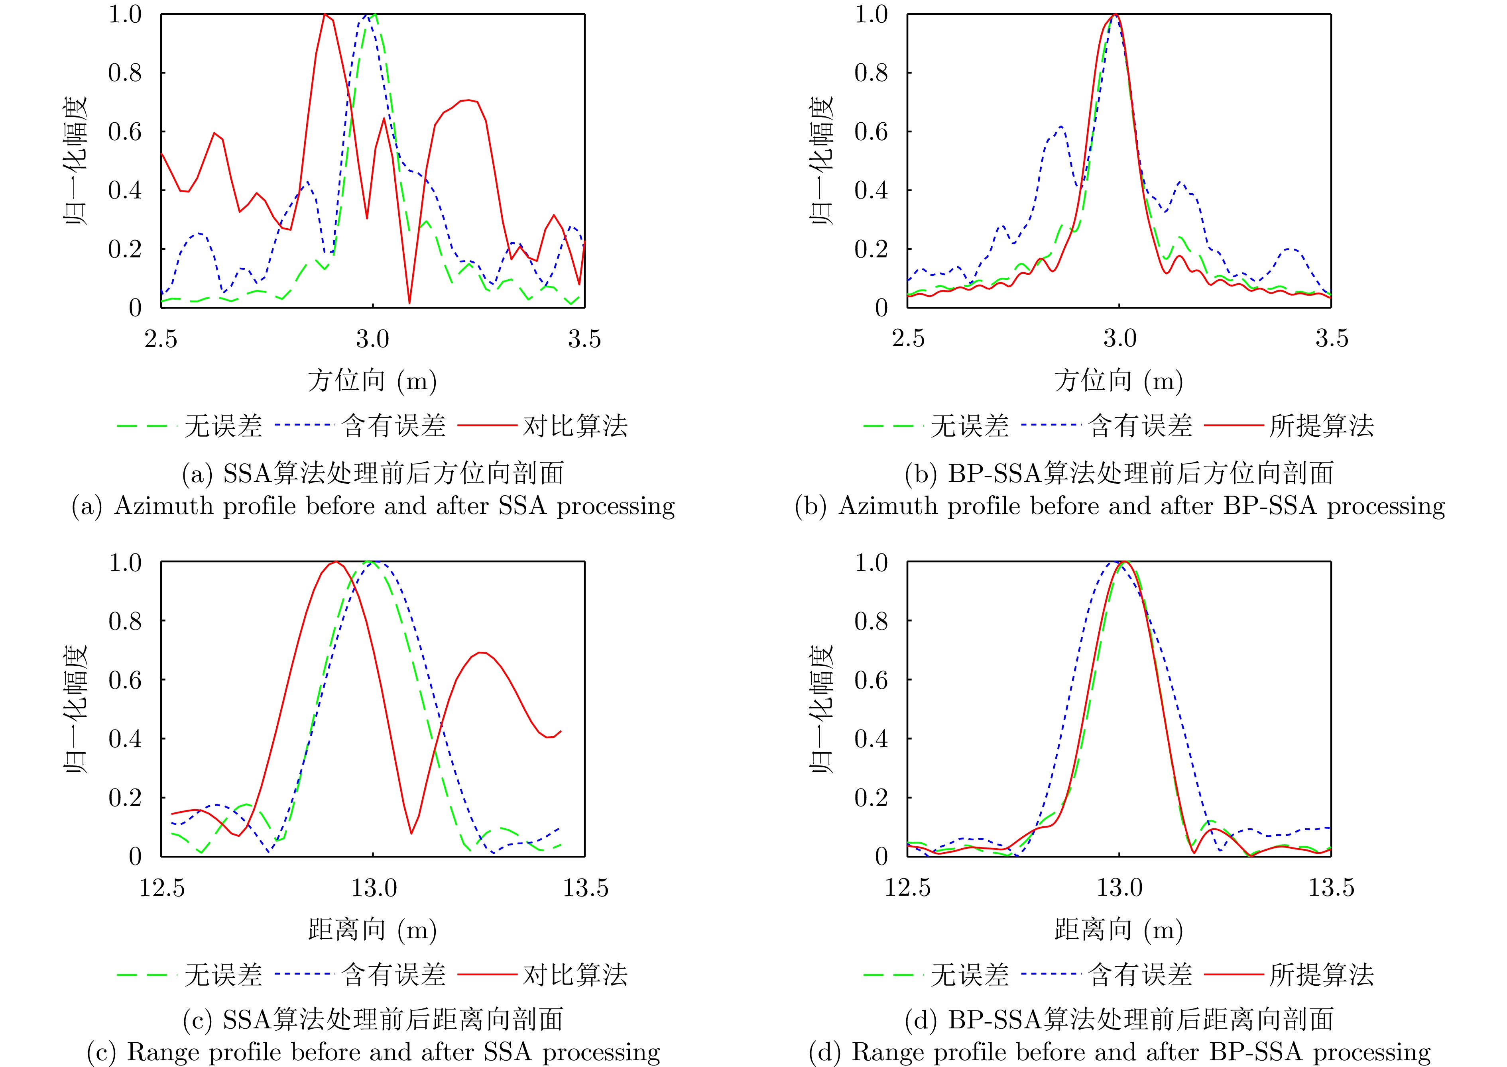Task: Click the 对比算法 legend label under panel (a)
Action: click(x=575, y=426)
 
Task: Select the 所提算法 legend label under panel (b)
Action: click(x=1322, y=426)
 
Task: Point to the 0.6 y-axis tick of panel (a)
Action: click(x=125, y=131)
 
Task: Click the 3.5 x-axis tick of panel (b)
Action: click(x=1332, y=339)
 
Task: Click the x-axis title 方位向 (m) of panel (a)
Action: click(x=372, y=381)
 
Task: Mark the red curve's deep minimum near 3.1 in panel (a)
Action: click(x=409, y=302)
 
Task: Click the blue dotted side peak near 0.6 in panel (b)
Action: click(x=1060, y=127)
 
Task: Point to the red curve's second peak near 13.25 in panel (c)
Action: click(x=481, y=652)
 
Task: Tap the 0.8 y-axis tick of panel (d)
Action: click(x=871, y=621)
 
